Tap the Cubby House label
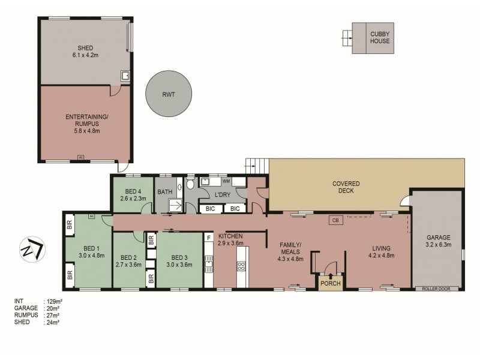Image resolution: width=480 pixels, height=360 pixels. (x=379, y=37)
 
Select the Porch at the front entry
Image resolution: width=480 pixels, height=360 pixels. (x=329, y=283)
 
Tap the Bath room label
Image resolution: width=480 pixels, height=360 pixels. (x=165, y=192)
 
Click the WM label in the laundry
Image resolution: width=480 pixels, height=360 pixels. (x=226, y=181)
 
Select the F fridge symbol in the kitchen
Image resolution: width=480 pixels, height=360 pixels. (x=209, y=238)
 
